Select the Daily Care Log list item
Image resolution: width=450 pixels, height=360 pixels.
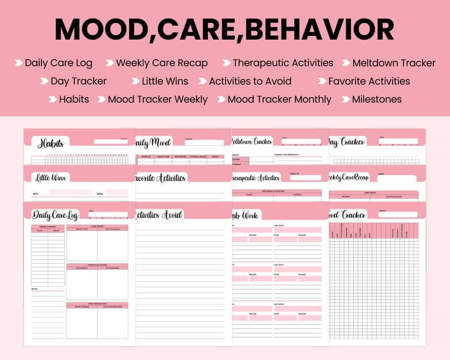(58, 63)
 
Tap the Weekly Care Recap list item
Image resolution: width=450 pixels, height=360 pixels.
(162, 63)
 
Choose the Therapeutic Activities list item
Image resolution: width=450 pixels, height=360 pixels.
(283, 63)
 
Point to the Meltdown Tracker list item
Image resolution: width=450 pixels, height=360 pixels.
(393, 63)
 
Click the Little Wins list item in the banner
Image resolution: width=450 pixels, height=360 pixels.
(164, 81)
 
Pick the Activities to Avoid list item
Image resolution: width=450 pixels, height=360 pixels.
(250, 81)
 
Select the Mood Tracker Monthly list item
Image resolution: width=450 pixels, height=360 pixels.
(279, 99)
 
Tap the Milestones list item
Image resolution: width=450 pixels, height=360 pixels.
(376, 99)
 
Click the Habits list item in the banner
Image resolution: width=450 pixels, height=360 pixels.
(74, 99)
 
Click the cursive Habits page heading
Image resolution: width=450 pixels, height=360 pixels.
(50, 143)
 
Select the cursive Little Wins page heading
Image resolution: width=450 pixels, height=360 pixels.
(50, 178)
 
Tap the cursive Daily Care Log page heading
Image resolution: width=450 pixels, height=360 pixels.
(56, 215)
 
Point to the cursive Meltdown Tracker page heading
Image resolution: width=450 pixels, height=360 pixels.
(252, 142)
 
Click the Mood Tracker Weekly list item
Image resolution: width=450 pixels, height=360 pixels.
(158, 99)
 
